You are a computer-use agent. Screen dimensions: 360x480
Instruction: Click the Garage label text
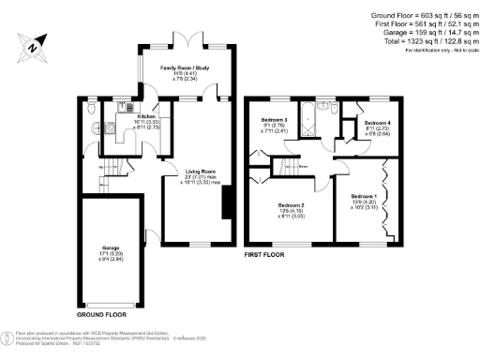click(x=111, y=250)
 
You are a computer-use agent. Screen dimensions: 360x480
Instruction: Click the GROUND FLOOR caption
click(x=101, y=315)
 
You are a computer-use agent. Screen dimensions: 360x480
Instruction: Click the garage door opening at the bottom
click(x=111, y=306)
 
